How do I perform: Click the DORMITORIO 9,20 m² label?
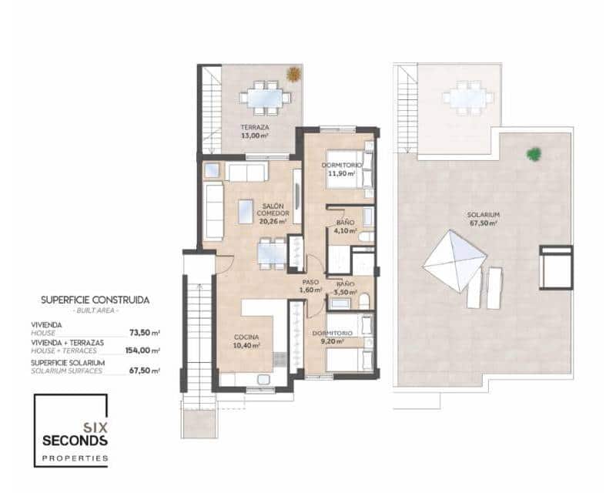click(x=333, y=337)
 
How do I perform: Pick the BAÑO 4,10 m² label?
click(x=344, y=226)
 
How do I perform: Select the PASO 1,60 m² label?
click(x=310, y=286)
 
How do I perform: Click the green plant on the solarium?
click(x=534, y=154)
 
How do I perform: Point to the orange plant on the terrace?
click(x=293, y=75)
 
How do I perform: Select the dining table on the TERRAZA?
click(x=265, y=98)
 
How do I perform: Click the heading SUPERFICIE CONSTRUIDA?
click(x=95, y=300)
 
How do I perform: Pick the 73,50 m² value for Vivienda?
click(x=146, y=334)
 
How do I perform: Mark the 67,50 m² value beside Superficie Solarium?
click(x=146, y=371)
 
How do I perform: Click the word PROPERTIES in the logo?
click(x=75, y=458)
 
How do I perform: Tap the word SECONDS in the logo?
click(x=75, y=441)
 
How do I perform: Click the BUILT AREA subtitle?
click(x=95, y=310)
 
